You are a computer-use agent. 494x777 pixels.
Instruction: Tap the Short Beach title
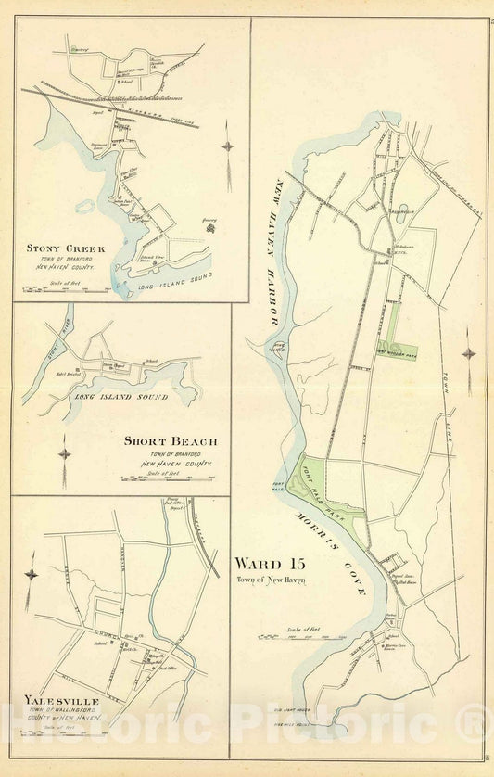(169, 440)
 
